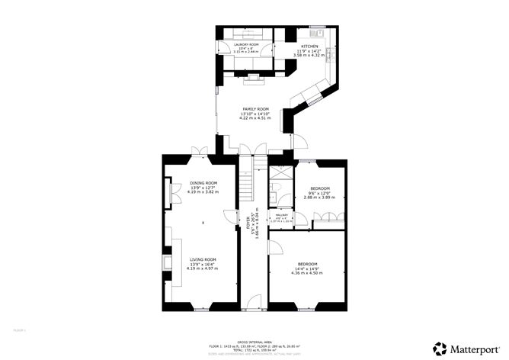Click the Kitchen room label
pyautogui.click(x=309, y=47)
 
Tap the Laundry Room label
pyautogui.click(x=246, y=45)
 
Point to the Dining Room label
pyautogui.click(x=203, y=183)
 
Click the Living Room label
pyautogui.click(x=203, y=259)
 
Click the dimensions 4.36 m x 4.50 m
pyautogui.click(x=307, y=272)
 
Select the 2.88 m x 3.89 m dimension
pyautogui.click(x=319, y=197)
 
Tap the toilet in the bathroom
pyautogui.click(x=282, y=200)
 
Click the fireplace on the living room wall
pyautogui.click(x=168, y=265)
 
